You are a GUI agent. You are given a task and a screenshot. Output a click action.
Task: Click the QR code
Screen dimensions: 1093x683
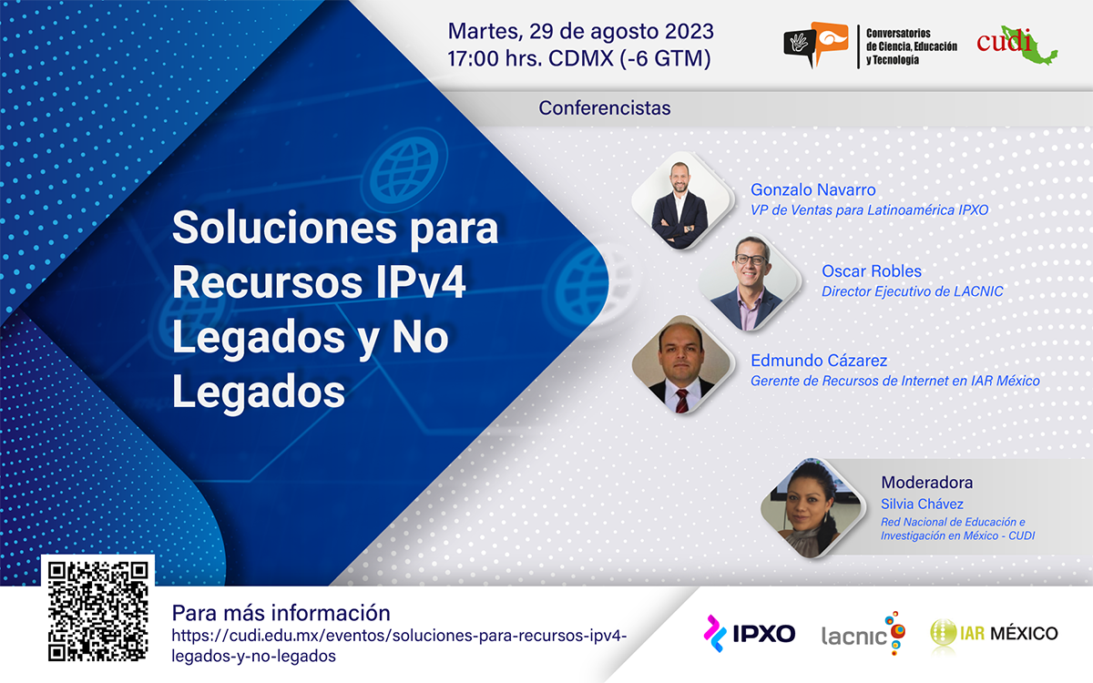coord(97,612)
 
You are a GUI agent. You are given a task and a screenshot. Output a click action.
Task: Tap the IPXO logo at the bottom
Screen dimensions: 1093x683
coord(749,633)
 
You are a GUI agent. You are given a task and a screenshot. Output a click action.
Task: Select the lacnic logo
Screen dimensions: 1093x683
coord(863,633)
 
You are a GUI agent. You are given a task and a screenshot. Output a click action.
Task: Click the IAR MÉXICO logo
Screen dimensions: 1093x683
coord(994,633)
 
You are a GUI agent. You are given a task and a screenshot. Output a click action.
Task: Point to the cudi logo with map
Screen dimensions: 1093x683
coord(1016,45)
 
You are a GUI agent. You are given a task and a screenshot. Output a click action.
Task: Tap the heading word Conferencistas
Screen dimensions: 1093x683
coord(605,107)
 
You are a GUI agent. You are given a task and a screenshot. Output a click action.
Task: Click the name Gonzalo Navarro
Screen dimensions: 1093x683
coord(812,189)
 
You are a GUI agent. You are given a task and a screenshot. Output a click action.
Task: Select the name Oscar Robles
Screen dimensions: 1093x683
coord(872,270)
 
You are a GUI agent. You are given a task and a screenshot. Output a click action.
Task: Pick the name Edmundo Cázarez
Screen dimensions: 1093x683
coord(819,360)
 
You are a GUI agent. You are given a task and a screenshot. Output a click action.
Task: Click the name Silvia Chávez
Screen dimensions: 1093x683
coord(922,504)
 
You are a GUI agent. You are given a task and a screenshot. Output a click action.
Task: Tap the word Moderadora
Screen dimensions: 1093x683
coord(926,482)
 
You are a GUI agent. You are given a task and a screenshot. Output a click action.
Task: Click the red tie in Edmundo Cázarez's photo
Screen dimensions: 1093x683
coord(682,401)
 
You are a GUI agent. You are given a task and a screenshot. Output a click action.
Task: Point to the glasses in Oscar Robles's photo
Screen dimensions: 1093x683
coord(751,260)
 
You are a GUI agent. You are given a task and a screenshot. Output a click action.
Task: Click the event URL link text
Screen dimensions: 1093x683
coord(399,646)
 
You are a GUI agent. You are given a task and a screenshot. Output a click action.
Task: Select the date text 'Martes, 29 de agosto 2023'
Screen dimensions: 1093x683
coord(581,31)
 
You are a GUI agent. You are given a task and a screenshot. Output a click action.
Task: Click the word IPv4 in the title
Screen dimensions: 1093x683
coord(421,282)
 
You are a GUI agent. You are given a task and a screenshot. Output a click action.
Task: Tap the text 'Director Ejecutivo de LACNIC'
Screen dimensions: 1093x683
coord(913,291)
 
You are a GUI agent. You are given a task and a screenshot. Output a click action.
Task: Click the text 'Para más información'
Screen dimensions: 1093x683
coord(281,613)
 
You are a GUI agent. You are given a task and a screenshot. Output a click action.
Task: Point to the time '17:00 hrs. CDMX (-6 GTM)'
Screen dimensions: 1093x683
coord(579,58)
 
